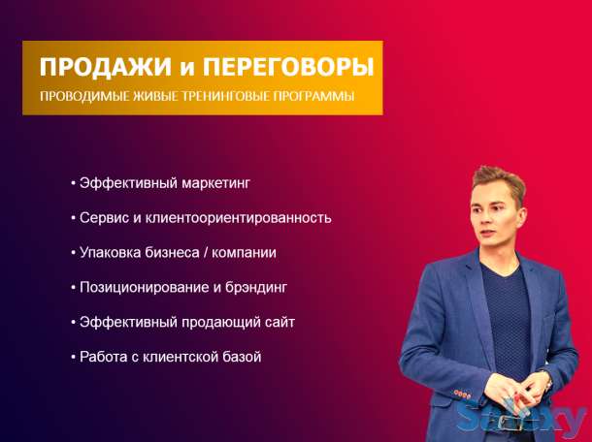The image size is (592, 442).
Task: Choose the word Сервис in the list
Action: click(x=103, y=217)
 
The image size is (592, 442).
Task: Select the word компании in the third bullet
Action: click(x=247, y=252)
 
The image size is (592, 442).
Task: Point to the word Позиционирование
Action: click(x=137, y=287)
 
